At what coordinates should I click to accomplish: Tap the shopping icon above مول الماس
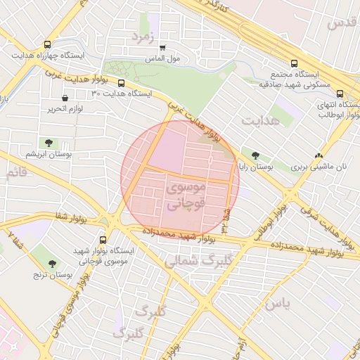[163, 48]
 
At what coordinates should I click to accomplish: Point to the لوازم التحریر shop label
[65, 109]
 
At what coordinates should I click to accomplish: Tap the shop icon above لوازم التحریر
[65, 98]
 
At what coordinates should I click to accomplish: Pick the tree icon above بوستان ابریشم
[48, 143]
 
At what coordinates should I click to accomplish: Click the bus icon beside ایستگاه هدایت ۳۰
[122, 83]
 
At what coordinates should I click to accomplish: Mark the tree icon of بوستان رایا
[255, 156]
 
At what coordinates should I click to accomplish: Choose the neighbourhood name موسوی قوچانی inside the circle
[186, 196]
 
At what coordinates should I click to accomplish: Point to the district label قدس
[341, 22]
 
